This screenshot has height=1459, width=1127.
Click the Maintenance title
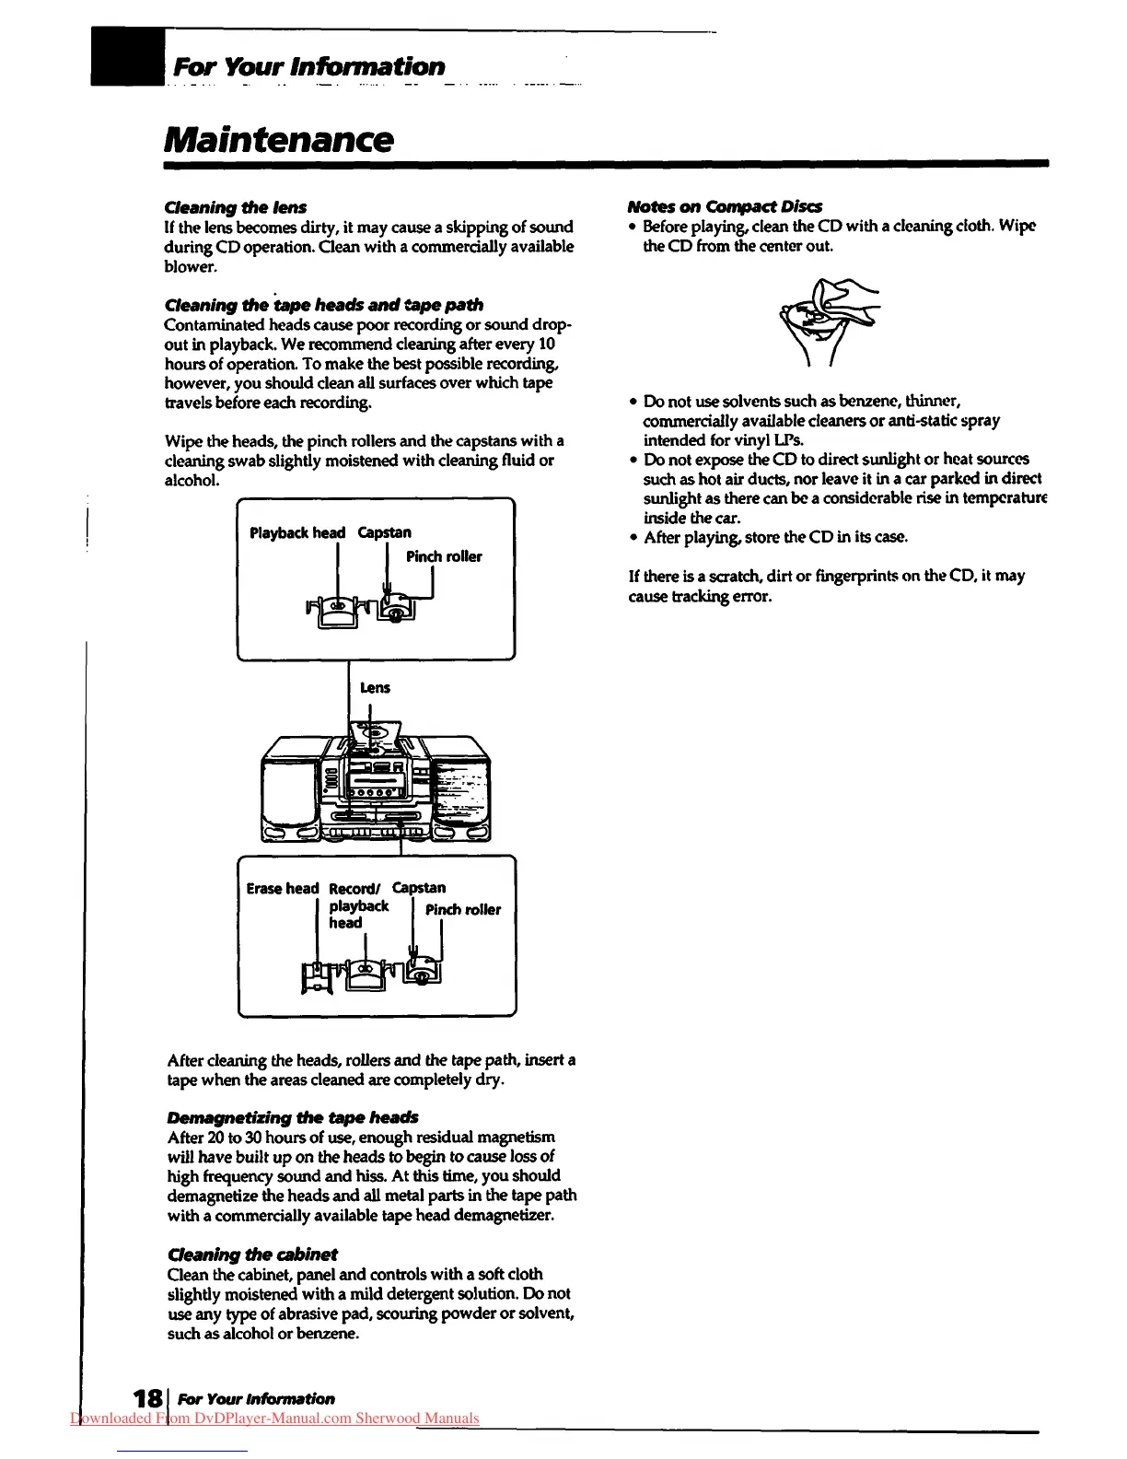[279, 140]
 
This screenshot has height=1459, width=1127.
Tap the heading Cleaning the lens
[235, 207]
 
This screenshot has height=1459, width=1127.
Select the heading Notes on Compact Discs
[725, 206]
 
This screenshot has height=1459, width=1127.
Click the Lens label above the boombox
[375, 688]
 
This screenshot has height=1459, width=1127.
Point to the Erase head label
[282, 889]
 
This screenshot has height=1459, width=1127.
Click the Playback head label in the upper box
[297, 532]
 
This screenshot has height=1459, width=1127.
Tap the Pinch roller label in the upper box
[444, 556]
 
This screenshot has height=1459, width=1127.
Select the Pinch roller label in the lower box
[463, 910]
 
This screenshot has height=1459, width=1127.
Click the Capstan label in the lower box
[419, 888]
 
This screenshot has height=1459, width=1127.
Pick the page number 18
[144, 1399]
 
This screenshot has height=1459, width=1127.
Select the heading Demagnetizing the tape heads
[293, 1117]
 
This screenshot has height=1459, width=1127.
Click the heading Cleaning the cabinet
[252, 1255]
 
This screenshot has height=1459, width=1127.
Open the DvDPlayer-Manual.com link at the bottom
[274, 1418]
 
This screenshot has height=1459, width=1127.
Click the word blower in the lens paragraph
[191, 267]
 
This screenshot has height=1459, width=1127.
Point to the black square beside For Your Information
[127, 56]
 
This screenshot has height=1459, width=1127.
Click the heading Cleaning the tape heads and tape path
[323, 305]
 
